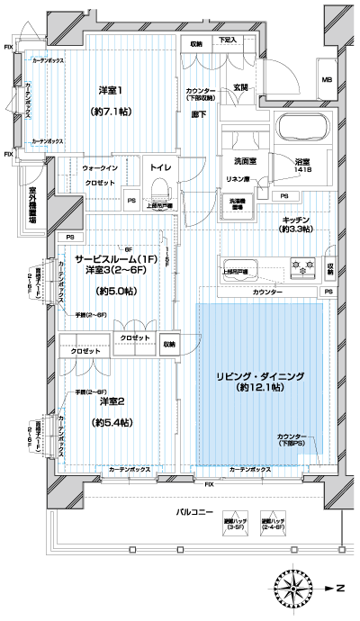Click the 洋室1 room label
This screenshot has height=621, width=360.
click(110, 90)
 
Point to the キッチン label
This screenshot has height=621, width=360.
click(297, 220)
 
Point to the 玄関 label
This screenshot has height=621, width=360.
click(240, 87)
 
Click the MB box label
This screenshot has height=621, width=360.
click(327, 81)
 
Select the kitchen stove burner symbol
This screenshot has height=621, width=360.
click(298, 266)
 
